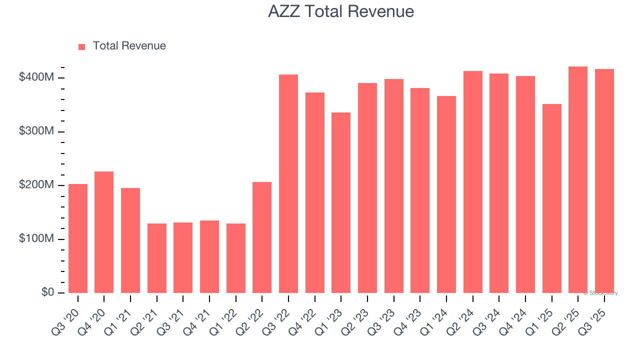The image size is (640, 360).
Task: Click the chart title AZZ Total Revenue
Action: (x=340, y=11)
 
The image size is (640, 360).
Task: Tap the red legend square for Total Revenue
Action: (x=82, y=46)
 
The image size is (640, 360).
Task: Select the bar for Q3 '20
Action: (x=78, y=238)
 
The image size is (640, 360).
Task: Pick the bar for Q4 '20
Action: (x=104, y=232)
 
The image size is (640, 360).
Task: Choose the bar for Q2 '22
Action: (x=262, y=237)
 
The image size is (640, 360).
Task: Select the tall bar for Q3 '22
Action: (x=288, y=183)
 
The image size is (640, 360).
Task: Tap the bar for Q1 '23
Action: (x=341, y=202)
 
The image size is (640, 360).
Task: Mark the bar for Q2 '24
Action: (x=472, y=182)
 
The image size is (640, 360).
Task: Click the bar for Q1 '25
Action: (x=551, y=198)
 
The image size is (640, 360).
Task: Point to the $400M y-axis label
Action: (x=36, y=77)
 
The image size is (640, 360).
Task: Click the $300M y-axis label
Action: (x=36, y=131)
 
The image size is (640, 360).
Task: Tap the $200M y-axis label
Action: (x=36, y=185)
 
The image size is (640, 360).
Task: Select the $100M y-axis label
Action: (x=36, y=238)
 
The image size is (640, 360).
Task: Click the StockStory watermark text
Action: (x=600, y=293)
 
